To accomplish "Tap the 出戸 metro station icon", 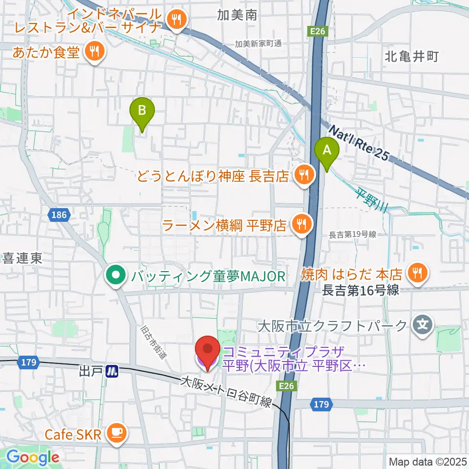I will tap(112, 371).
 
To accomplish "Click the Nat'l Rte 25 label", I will tap(359, 144).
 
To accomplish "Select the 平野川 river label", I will tap(372, 202).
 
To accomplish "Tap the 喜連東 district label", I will tap(22, 257).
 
